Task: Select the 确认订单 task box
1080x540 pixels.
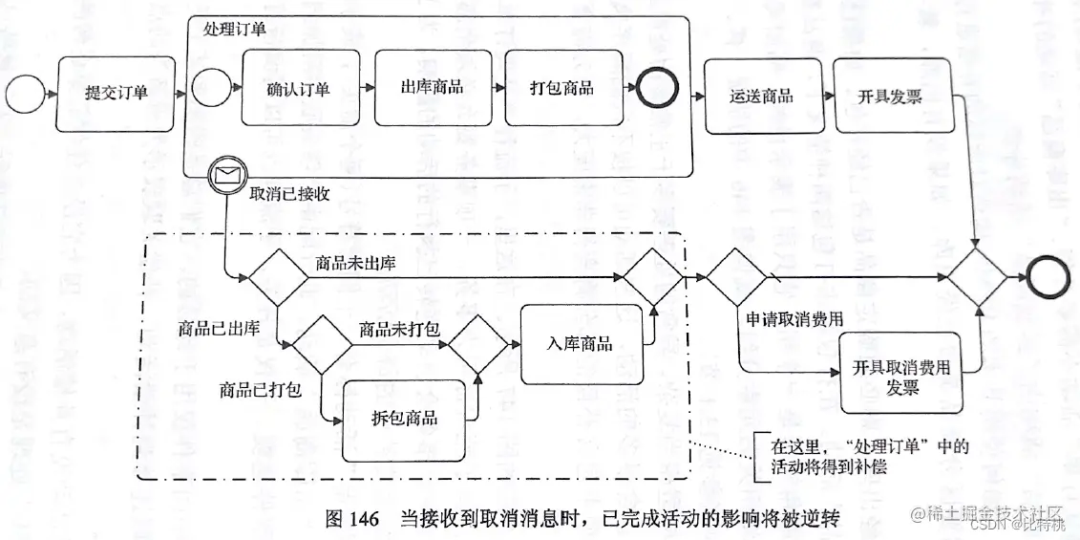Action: point(299,89)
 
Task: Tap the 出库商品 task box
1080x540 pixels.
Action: point(431,87)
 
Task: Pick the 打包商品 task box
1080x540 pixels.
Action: point(561,88)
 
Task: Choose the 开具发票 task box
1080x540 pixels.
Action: point(890,96)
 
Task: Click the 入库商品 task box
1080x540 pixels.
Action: point(580,344)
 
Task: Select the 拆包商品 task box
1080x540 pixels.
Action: point(404,419)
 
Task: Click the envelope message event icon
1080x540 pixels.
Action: point(226,175)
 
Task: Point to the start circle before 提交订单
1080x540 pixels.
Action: point(21,94)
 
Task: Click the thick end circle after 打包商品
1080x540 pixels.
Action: point(657,88)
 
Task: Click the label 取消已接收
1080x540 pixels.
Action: point(289,195)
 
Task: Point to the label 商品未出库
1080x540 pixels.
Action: point(355,264)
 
